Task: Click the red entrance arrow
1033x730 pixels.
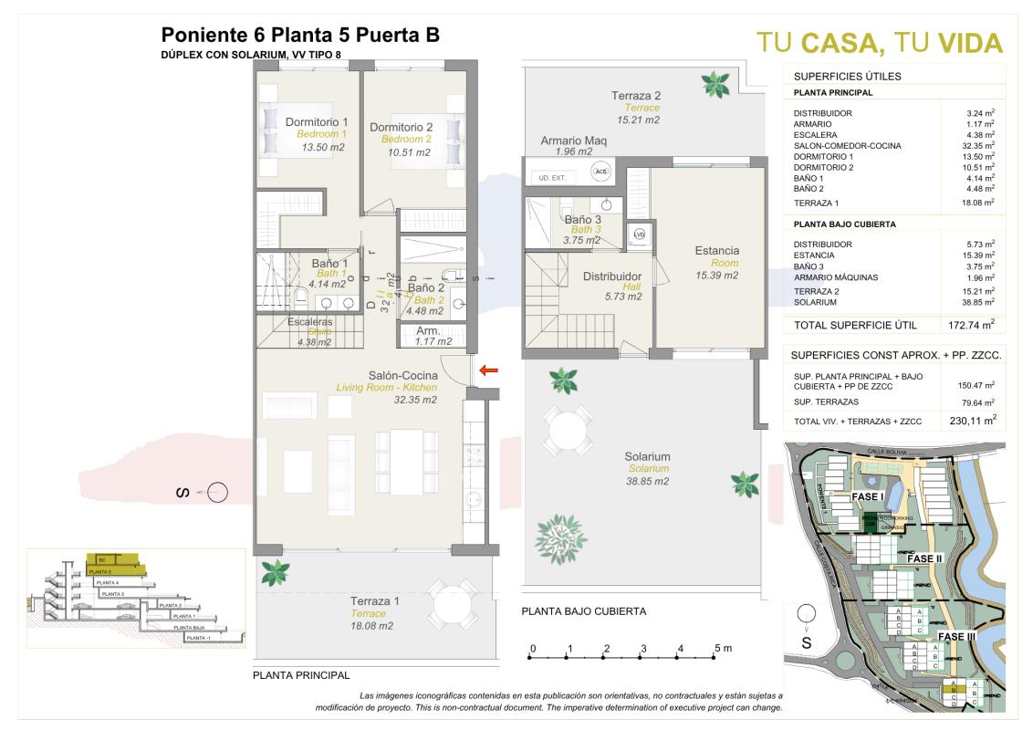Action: click(x=489, y=370)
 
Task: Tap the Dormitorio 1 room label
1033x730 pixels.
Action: click(x=317, y=122)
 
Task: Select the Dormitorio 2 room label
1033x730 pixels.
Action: click(x=401, y=127)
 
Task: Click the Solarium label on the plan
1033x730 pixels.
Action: click(x=647, y=457)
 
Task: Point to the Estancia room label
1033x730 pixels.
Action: click(x=716, y=251)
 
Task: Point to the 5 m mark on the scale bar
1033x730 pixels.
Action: click(x=719, y=648)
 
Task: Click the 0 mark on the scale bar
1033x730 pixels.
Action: click(x=532, y=648)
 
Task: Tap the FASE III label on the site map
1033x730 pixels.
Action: click(x=958, y=636)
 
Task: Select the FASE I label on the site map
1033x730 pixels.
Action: click(x=869, y=496)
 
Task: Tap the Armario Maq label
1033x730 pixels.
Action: click(x=573, y=141)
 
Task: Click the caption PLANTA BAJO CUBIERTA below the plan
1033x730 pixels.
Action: click(x=583, y=611)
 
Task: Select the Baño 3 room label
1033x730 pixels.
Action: click(x=582, y=219)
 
